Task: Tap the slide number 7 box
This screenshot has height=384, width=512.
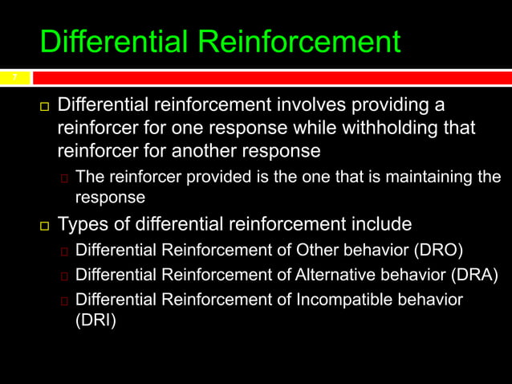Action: point(14,78)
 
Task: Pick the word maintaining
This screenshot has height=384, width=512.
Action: point(437,178)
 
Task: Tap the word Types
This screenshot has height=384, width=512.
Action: point(84,223)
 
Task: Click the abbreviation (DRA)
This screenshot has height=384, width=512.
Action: point(473,275)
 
